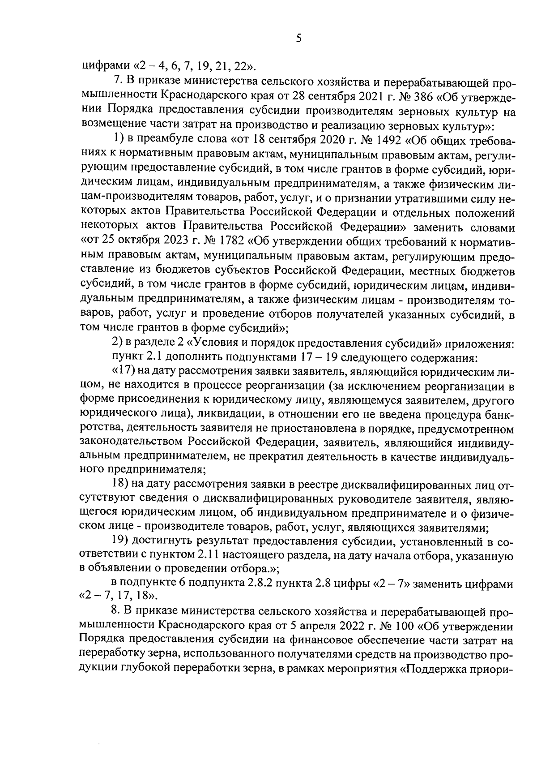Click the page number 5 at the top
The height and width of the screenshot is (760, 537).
[299, 39]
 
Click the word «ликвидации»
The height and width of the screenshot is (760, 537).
[231, 412]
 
